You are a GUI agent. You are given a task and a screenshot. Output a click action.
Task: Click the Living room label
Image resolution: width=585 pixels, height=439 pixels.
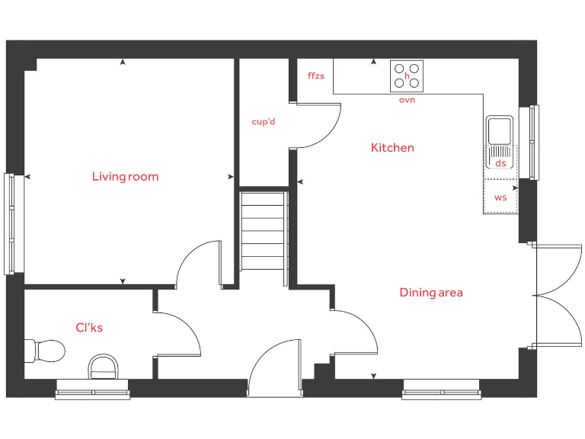(125, 177)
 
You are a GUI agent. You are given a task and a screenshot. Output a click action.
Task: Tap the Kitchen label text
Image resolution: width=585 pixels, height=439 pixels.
(392, 148)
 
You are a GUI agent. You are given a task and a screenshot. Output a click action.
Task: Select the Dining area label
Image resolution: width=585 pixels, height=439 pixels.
(430, 293)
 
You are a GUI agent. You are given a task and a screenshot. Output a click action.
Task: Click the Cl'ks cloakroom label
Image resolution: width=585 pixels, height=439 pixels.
(88, 328)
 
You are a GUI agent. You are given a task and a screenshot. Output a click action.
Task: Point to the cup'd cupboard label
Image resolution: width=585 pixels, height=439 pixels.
(264, 122)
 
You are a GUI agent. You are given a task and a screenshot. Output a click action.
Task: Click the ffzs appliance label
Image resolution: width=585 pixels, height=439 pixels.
(315, 76)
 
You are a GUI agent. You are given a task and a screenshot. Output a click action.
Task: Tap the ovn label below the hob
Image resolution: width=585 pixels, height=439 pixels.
(407, 101)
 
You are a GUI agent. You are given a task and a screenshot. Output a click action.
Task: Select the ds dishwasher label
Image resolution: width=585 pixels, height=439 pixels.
(500, 163)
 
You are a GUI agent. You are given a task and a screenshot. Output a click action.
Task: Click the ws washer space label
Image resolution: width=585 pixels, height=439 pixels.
(500, 197)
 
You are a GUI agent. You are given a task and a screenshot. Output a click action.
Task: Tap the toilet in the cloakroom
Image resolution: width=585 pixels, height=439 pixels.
(44, 351)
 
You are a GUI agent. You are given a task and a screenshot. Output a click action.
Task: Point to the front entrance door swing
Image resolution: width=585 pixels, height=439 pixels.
(274, 366)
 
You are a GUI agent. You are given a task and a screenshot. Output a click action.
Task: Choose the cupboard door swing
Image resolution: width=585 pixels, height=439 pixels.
(316, 126)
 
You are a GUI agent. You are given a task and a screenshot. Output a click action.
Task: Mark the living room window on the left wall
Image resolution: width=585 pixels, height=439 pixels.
(9, 223)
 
